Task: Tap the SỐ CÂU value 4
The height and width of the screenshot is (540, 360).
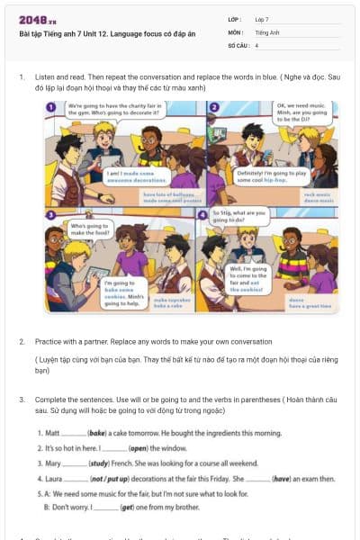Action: point(257,44)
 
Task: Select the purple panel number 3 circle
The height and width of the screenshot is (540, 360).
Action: point(51,213)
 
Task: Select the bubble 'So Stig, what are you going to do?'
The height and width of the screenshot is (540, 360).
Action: point(241,216)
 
